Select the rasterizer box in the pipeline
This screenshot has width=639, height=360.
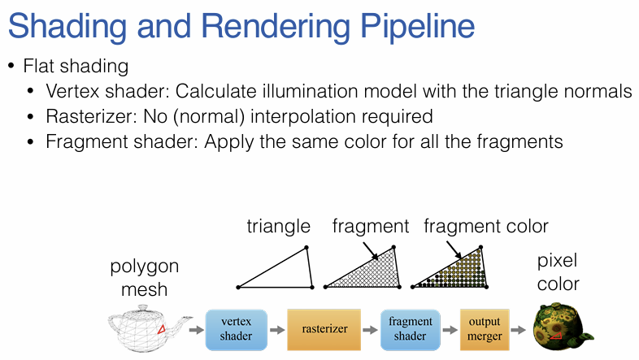(322, 329)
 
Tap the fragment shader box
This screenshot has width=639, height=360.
(410, 329)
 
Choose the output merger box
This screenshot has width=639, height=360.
(485, 329)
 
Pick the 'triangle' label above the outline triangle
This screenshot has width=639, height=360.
(279, 226)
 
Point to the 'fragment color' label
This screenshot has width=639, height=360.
(486, 226)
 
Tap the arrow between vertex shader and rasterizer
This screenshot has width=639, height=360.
(276, 330)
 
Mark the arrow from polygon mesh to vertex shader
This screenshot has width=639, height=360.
(195, 330)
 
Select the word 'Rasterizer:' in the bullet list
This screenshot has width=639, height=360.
(85, 116)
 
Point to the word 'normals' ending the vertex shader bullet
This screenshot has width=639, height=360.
(602, 91)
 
